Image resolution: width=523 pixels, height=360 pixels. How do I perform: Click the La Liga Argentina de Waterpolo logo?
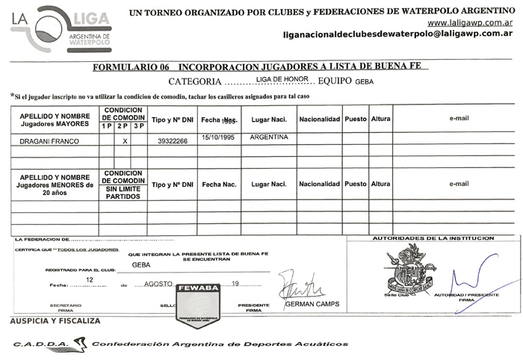tap(61, 28)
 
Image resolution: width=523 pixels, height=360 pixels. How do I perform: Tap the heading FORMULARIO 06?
tap(130, 67)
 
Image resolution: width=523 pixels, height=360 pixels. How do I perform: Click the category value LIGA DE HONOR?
tap(282, 78)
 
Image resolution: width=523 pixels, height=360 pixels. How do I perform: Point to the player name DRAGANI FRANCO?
tap(46, 140)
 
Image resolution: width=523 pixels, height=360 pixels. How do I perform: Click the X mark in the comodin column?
tap(125, 140)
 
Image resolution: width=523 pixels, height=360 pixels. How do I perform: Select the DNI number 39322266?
tap(173, 140)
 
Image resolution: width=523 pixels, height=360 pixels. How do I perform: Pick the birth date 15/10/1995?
tap(219, 138)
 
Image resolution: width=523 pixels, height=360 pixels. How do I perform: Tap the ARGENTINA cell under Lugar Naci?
tap(268, 138)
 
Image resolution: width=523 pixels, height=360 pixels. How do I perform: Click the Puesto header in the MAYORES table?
tap(356, 119)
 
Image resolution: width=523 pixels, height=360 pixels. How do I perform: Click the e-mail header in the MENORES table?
tap(458, 184)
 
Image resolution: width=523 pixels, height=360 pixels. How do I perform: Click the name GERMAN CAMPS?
tap(312, 304)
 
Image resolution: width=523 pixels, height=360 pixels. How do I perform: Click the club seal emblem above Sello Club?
tap(406, 270)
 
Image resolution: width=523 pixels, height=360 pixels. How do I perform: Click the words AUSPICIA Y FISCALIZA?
tap(55, 320)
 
